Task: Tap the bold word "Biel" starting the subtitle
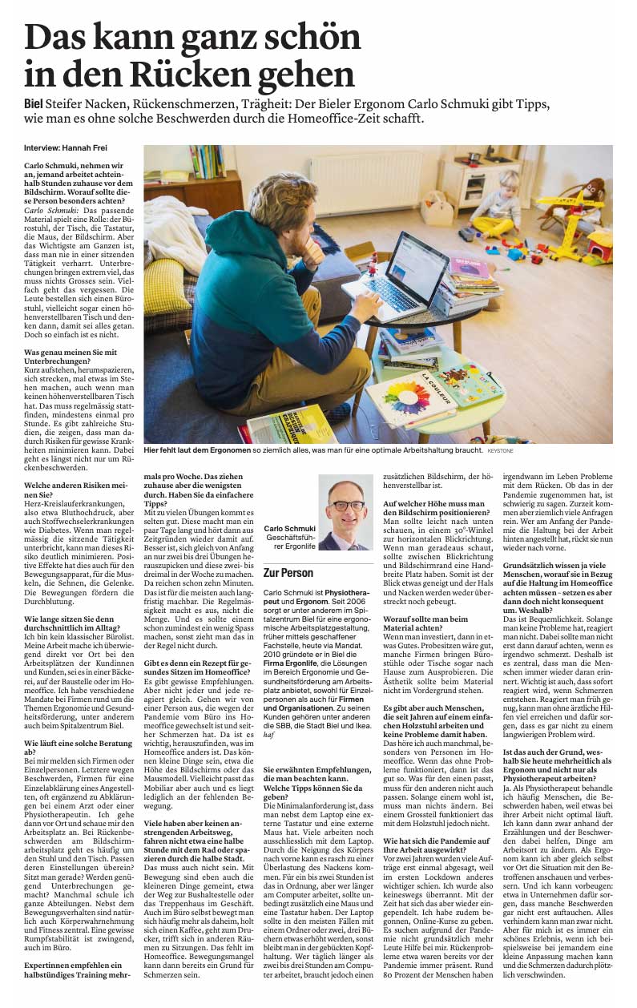(x=36, y=105)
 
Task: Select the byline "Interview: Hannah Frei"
(x=59, y=149)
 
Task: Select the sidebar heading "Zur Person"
(x=288, y=573)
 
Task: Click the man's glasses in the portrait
(x=346, y=506)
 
